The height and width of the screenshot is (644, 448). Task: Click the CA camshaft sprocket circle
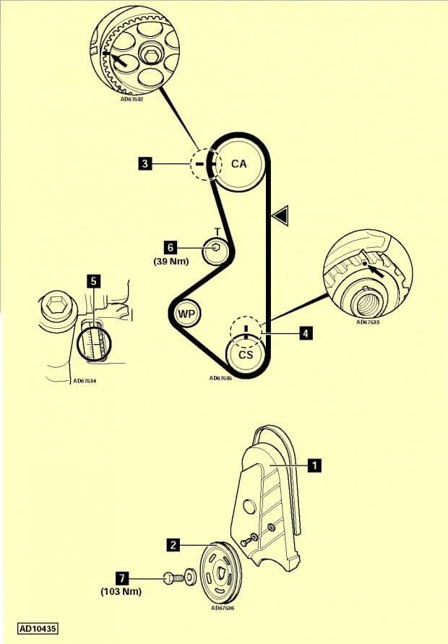(238, 164)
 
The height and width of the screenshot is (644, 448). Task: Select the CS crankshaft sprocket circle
(246, 355)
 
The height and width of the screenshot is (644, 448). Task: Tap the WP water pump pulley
(186, 314)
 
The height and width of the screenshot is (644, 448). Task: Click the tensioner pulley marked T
(215, 251)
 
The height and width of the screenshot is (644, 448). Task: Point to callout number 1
(314, 466)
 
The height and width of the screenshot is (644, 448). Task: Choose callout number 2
(173, 546)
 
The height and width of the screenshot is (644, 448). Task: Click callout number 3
(145, 165)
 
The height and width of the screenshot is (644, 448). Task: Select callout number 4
(306, 333)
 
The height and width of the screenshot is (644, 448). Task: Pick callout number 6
(172, 247)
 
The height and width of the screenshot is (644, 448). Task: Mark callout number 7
(124, 578)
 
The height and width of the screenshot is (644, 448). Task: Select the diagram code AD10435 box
(38, 629)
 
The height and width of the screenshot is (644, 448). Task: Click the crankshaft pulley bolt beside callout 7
(170, 578)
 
